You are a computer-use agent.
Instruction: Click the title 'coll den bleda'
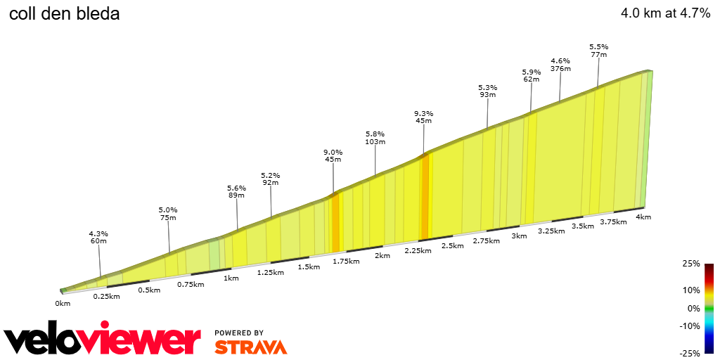[64, 13]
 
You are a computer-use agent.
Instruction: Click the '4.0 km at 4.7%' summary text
[665, 13]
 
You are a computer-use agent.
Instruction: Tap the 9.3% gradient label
[423, 113]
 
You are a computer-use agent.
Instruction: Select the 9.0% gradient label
[333, 152]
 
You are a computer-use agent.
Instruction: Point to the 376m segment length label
[560, 69]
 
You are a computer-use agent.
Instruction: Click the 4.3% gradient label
[98, 233]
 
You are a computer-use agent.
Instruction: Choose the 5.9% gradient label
[532, 72]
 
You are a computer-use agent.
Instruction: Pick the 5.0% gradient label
[168, 210]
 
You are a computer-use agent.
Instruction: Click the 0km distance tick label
[63, 303]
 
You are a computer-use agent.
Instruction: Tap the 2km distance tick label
[382, 255]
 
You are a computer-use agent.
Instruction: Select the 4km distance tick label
[643, 217]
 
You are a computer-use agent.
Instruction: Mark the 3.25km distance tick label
[551, 231]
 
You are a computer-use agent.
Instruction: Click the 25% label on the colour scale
[691, 264]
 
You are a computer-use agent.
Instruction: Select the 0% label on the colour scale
[693, 308]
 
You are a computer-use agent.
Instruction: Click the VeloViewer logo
[103, 340]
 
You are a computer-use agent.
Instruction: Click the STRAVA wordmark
[250, 347]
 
